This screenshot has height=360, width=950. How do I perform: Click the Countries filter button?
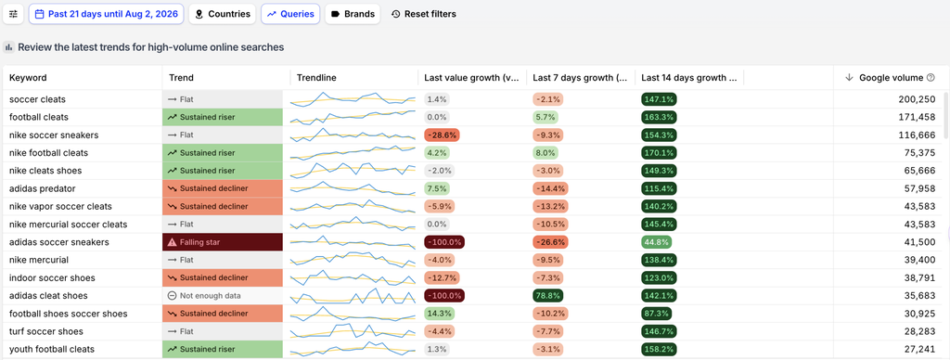223,14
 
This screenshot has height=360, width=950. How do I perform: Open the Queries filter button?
290,14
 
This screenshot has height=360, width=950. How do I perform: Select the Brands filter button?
353,14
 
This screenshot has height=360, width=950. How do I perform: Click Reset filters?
423,14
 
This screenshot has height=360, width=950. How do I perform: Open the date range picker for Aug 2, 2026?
106,14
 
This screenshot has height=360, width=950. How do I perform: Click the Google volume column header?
890,78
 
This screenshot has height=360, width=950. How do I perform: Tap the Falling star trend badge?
223,242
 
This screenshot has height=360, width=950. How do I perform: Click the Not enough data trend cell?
223,296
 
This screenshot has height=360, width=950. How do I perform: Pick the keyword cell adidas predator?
43,188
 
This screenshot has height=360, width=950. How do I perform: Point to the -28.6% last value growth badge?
442,135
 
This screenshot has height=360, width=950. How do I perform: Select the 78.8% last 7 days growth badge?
548,296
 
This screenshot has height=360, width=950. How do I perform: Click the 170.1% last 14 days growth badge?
660,153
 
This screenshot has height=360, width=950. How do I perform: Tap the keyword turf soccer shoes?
46,331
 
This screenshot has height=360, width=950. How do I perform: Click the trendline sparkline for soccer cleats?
353,98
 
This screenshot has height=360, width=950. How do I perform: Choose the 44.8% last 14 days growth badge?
656,242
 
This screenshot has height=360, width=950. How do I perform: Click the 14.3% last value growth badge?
439,314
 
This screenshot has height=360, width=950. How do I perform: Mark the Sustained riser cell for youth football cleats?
223,349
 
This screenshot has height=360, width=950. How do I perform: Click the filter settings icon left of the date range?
13,14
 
